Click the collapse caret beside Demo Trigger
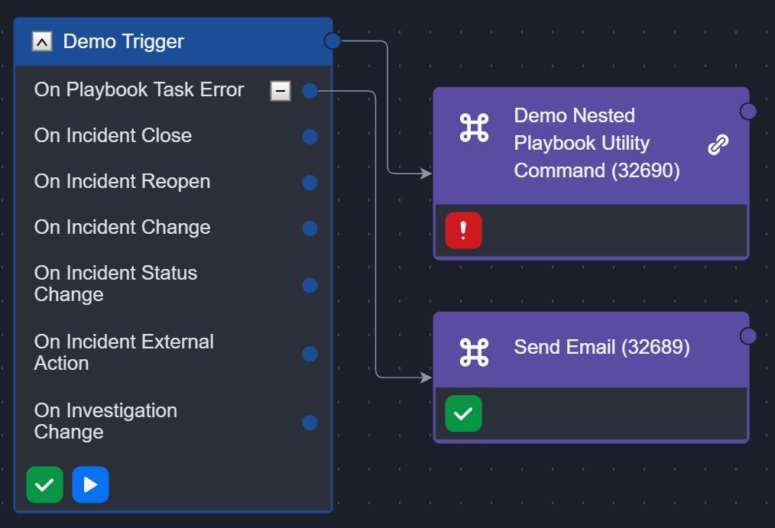(x=42, y=42)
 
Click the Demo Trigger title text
(x=123, y=41)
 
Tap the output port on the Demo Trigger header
(x=332, y=40)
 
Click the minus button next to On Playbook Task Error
(x=280, y=91)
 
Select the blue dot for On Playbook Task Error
(x=310, y=91)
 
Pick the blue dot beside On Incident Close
(x=310, y=137)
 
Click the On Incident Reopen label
(x=122, y=182)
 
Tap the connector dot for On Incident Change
(x=310, y=228)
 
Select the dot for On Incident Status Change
(x=310, y=285)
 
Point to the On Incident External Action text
(x=124, y=352)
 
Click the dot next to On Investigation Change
(x=310, y=423)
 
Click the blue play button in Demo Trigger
(x=90, y=484)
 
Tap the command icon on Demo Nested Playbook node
(x=474, y=128)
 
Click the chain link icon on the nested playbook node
(x=718, y=144)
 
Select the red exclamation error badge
(x=463, y=230)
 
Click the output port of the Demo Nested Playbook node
(x=748, y=112)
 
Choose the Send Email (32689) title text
(x=602, y=348)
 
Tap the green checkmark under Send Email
(x=463, y=413)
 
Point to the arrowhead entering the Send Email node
(x=426, y=377)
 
